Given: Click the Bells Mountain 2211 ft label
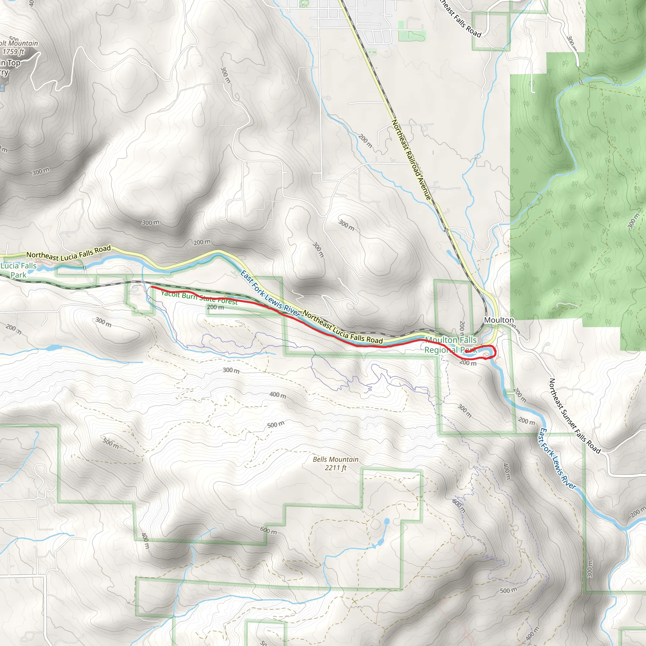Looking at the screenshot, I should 335,463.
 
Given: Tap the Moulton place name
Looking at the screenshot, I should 499,320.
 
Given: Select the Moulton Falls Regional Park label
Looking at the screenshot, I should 450,345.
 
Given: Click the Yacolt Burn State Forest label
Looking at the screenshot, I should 199,297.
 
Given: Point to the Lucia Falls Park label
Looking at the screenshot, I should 18,270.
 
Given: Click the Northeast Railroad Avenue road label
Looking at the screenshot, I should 411,160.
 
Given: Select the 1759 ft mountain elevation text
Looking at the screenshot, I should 13,51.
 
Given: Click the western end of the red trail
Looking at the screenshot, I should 152,287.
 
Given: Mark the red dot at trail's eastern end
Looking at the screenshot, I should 466,351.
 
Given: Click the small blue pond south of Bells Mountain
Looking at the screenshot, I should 386,521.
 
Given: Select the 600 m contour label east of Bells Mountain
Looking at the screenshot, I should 459,506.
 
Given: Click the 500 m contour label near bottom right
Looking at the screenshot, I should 508,590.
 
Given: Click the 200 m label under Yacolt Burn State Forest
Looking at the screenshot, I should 215,307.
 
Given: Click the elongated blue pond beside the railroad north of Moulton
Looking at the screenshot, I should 453,256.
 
